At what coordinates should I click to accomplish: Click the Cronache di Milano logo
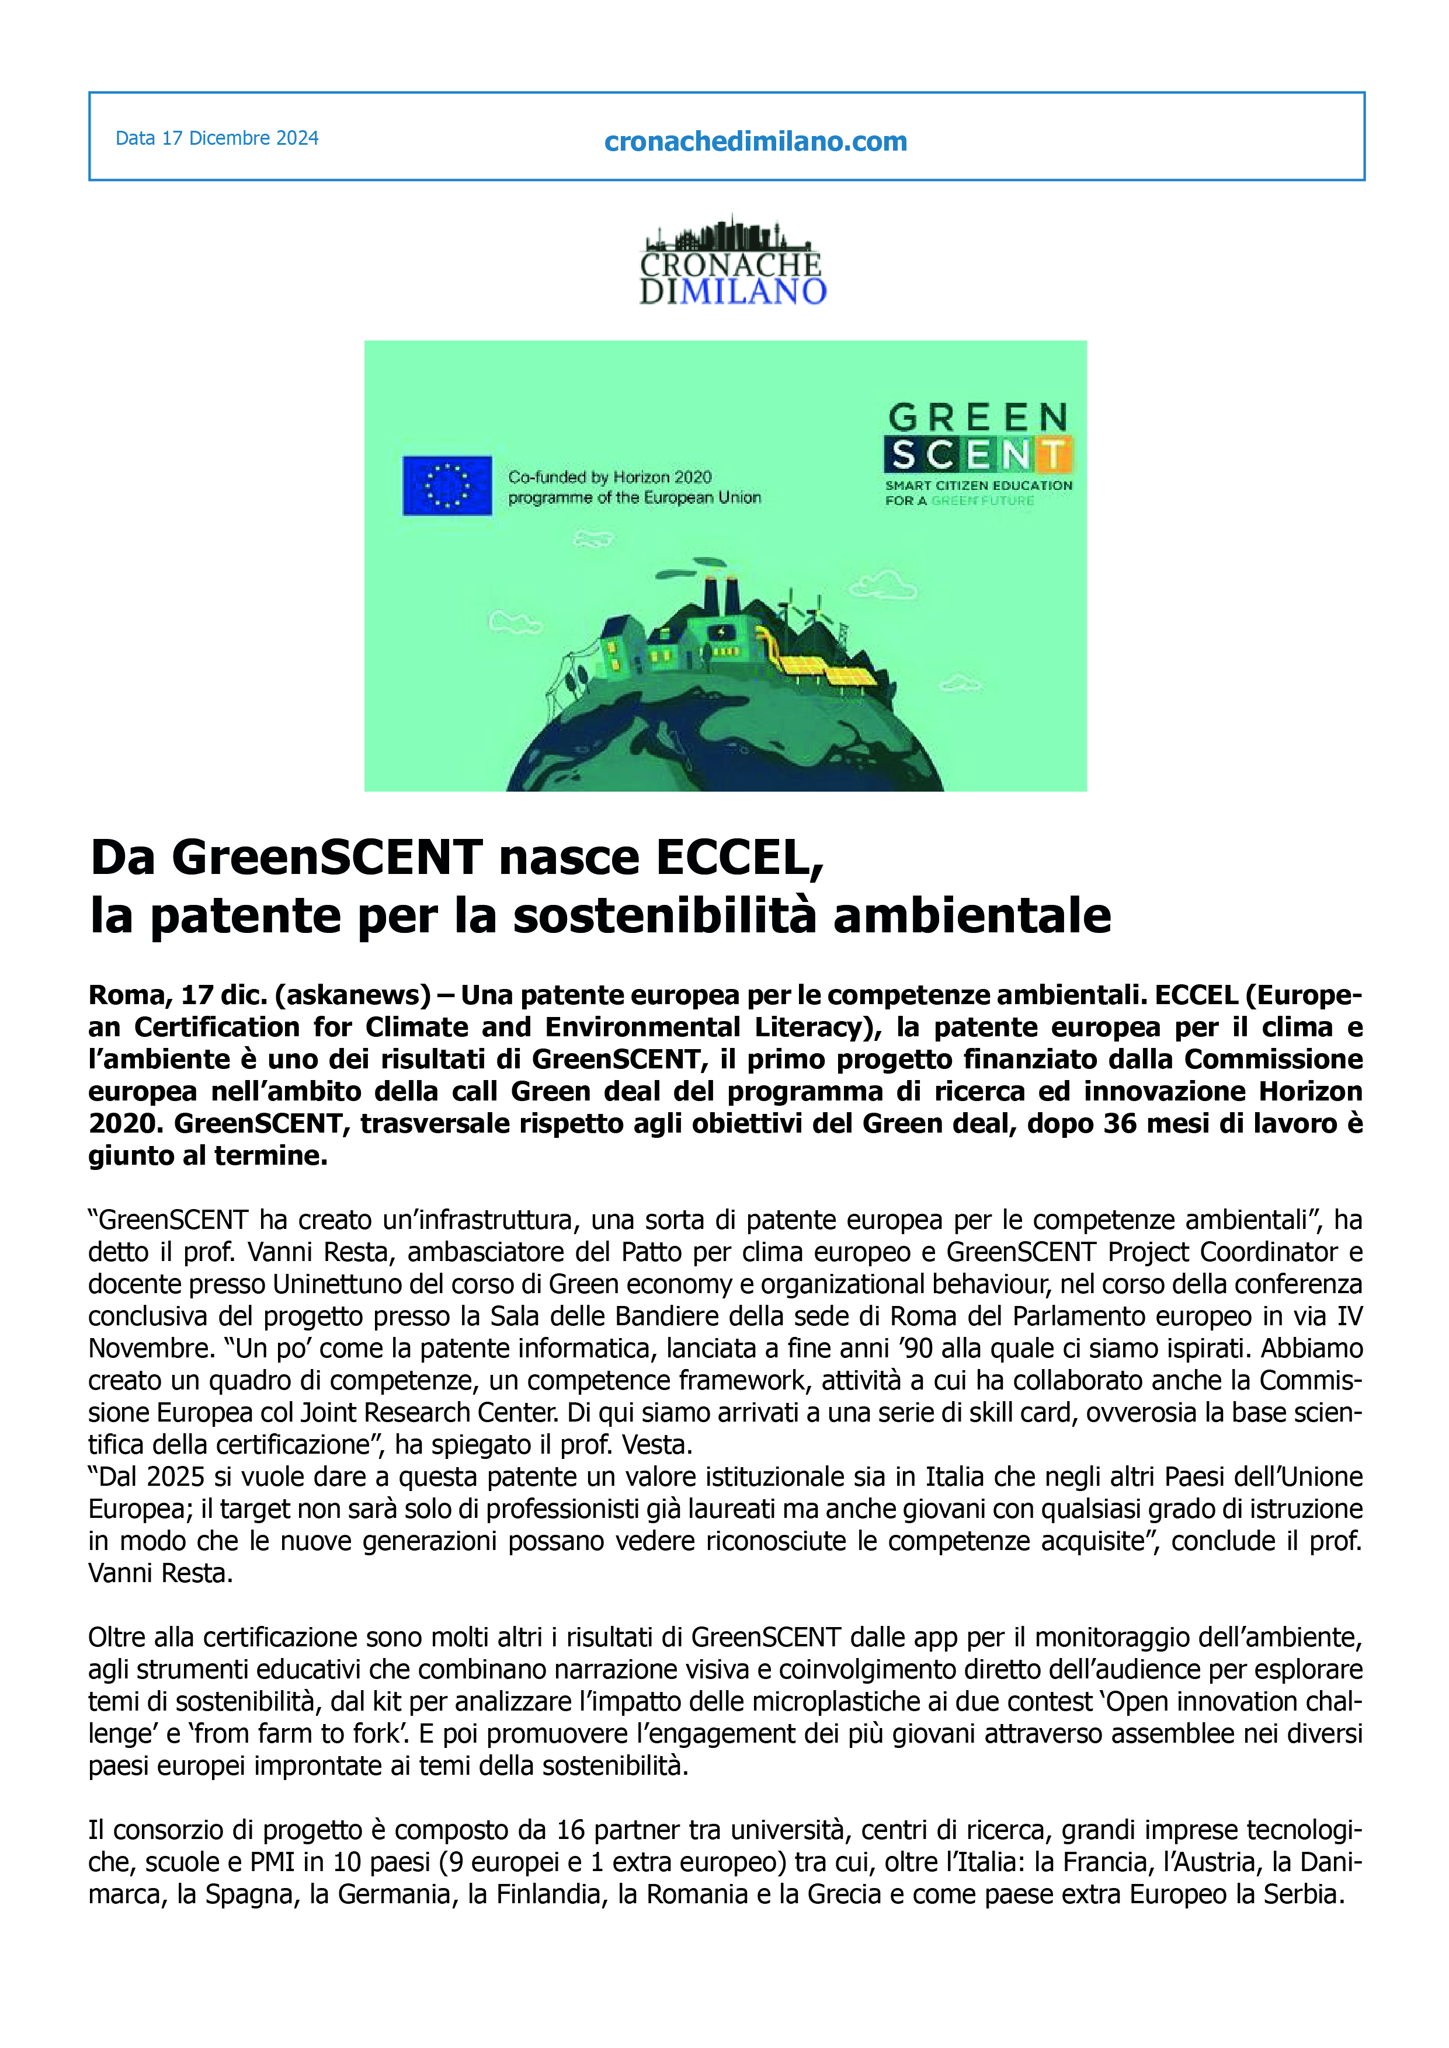pos(732,262)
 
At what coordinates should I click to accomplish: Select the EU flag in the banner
pos(447,485)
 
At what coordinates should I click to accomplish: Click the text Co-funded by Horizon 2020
pos(610,477)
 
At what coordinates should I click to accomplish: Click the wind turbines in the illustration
pos(808,615)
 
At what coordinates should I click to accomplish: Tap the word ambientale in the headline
pos(972,916)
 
